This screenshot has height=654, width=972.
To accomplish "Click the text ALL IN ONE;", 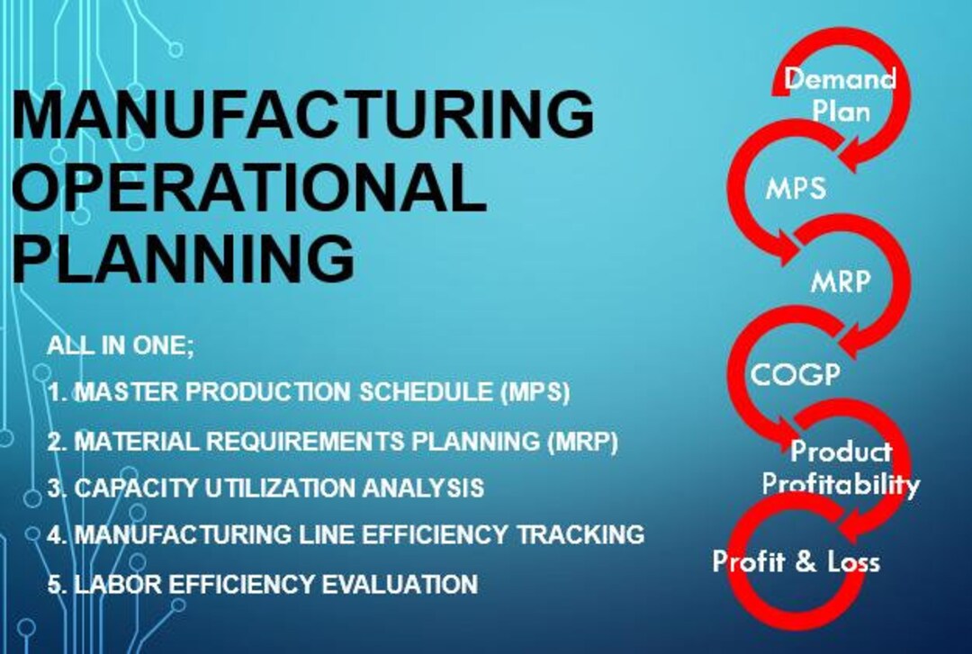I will [x=121, y=345].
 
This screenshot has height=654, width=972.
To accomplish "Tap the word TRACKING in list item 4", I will [x=580, y=534].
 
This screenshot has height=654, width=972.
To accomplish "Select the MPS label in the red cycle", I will [x=796, y=190].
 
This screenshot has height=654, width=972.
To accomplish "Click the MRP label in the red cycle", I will [x=840, y=282].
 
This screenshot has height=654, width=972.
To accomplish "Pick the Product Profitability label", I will [x=841, y=468].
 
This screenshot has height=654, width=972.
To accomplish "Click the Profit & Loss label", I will [x=796, y=562].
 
